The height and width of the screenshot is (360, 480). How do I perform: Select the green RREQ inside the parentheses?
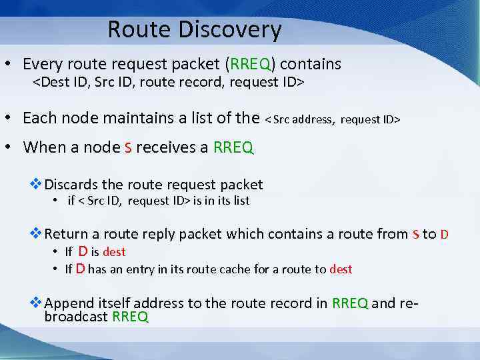click(250, 65)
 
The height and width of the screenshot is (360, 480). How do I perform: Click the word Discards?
click(70, 185)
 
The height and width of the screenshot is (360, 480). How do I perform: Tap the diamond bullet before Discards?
click(37, 185)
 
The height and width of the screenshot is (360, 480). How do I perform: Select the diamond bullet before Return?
click(37, 234)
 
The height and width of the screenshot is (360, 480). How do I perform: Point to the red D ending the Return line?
click(445, 235)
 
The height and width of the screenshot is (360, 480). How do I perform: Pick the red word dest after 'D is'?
click(114, 252)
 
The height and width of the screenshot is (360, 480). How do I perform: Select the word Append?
click(69, 303)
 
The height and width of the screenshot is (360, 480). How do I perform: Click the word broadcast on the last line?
click(76, 317)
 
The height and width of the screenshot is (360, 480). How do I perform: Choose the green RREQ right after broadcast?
click(131, 317)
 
